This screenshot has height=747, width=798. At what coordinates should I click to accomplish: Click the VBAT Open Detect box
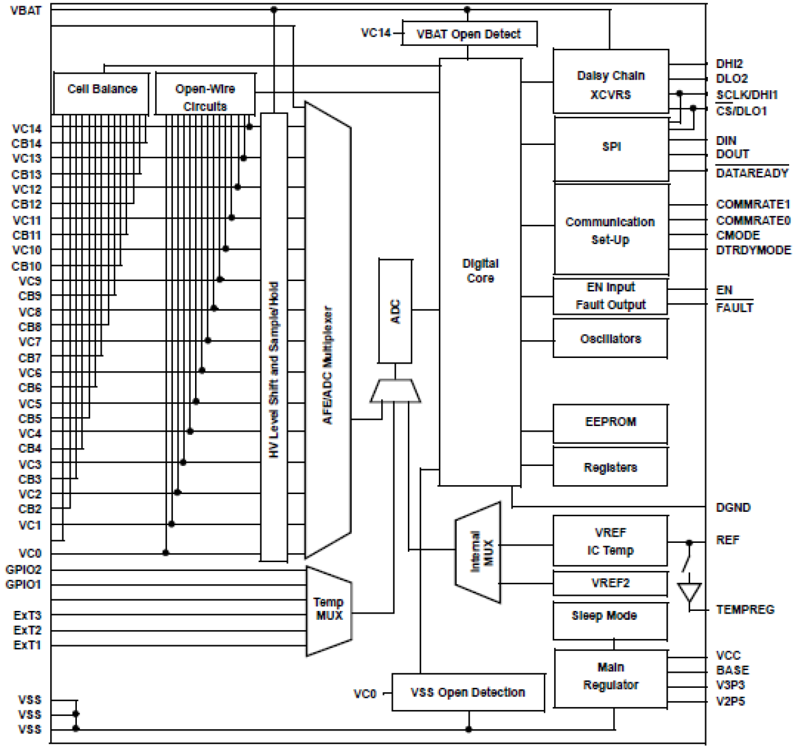pyautogui.click(x=469, y=34)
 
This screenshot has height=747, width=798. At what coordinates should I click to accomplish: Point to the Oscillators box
pyautogui.click(x=610, y=338)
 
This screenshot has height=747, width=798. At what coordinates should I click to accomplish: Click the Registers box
pyautogui.click(x=610, y=467)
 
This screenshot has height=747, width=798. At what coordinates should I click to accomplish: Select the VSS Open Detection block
pyautogui.click(x=468, y=692)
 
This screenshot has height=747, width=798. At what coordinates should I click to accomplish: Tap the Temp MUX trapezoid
pyautogui.click(x=328, y=610)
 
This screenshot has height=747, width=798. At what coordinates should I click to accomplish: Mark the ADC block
pyautogui.click(x=395, y=311)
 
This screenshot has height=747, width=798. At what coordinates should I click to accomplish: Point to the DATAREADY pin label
pyautogui.click(x=752, y=173)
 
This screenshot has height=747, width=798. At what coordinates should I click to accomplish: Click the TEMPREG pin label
pyautogui.click(x=745, y=610)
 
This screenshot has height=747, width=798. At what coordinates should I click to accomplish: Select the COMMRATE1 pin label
pyautogui.click(x=753, y=204)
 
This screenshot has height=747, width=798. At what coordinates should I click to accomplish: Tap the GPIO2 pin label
pyautogui.click(x=24, y=570)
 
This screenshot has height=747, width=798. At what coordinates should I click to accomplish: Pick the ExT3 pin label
pyautogui.click(x=27, y=615)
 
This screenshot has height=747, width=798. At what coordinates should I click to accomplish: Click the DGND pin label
pyautogui.click(x=733, y=507)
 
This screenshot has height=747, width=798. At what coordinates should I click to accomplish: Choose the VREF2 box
pyautogui.click(x=610, y=583)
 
